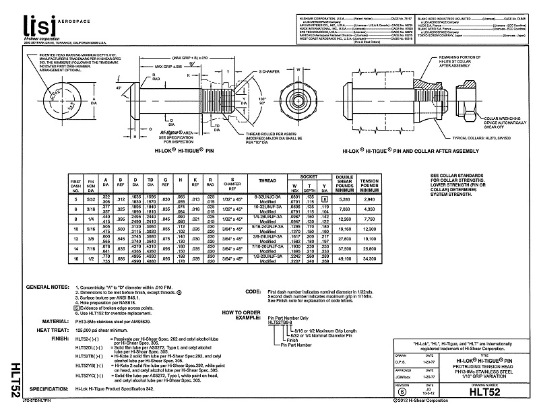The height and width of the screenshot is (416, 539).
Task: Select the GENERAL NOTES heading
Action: click(x=46, y=287)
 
